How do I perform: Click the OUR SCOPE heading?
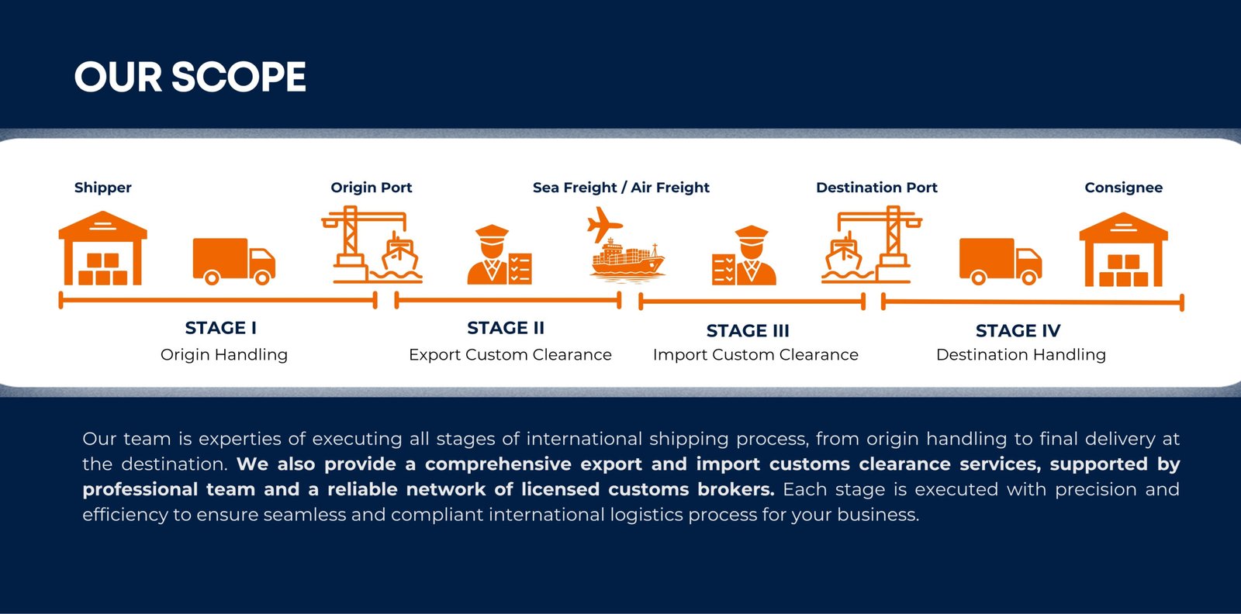tap(190, 77)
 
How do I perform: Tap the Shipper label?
tap(103, 188)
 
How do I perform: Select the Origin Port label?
tap(372, 188)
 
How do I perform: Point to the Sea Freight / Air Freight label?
tap(621, 188)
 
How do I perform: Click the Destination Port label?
tap(876, 188)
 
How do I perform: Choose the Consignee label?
tap(1124, 188)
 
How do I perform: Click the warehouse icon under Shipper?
tap(103, 248)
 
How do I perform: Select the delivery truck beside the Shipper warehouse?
tap(233, 261)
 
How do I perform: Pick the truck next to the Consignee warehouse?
tap(1001, 261)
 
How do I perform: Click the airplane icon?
tap(604, 224)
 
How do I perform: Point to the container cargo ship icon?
tap(627, 259)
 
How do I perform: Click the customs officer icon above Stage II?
tap(500, 255)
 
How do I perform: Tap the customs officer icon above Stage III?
tap(744, 255)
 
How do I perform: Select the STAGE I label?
tap(220, 328)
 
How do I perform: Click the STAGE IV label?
tap(1018, 330)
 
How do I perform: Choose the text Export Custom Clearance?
tap(510, 354)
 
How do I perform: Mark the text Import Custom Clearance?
tap(755, 354)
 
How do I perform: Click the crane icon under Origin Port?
tap(372, 245)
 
